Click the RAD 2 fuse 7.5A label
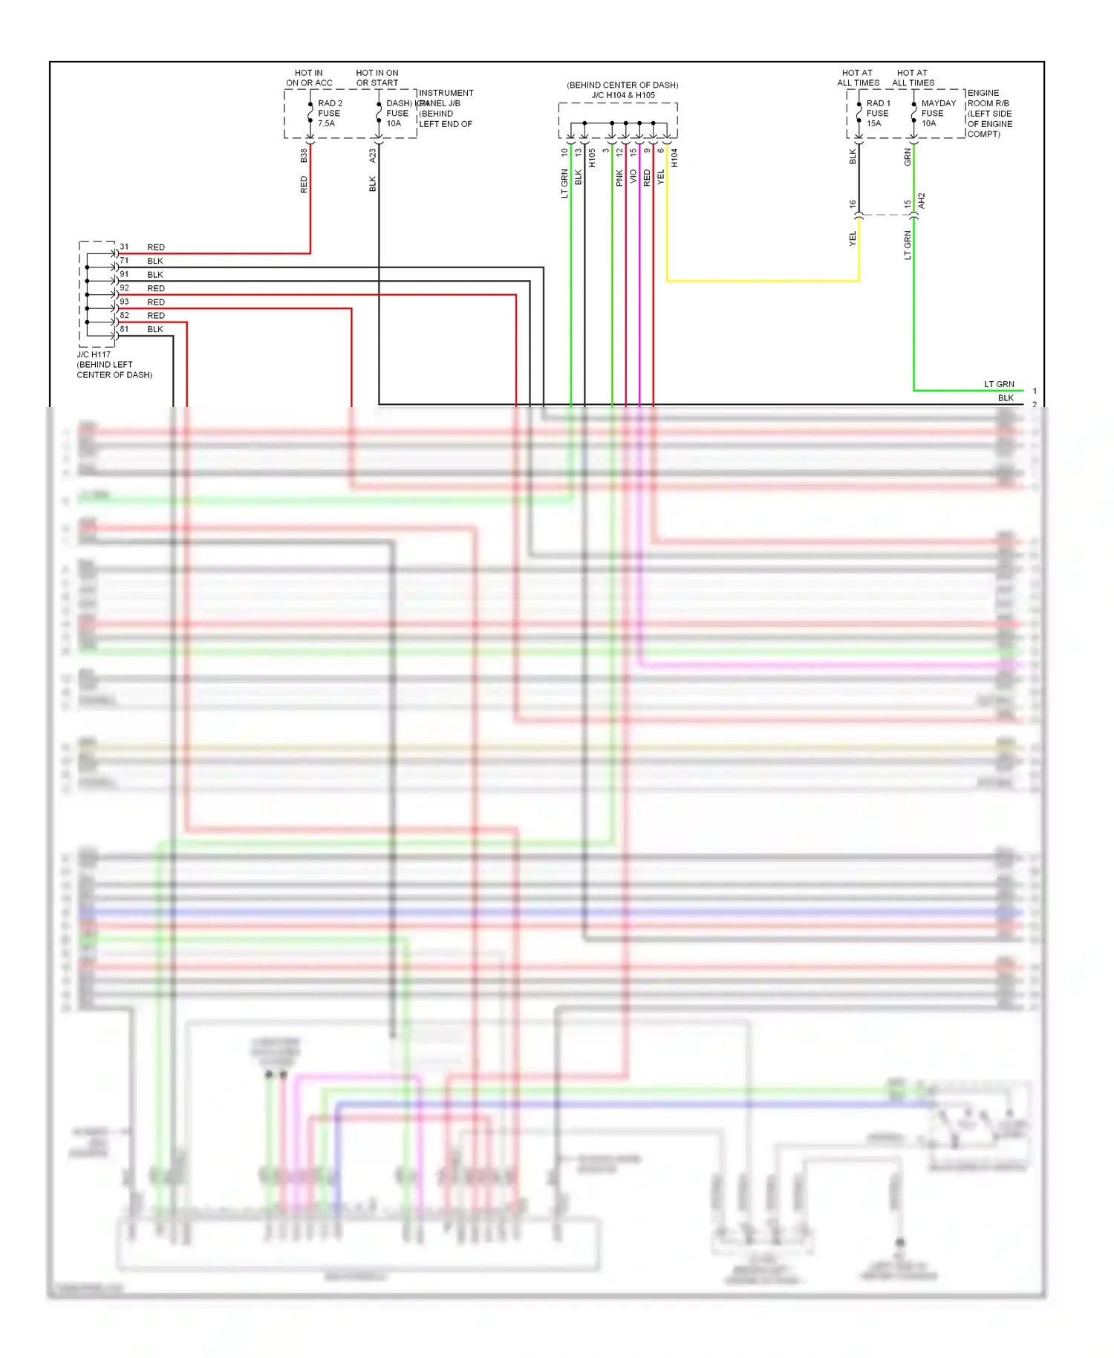329,114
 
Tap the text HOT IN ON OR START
377,78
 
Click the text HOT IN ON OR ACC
309,78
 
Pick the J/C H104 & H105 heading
623,95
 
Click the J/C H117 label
94,354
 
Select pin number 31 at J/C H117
124,247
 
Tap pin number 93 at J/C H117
124,302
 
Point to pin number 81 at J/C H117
124,329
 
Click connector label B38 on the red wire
304,156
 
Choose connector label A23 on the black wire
373,156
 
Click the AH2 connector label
922,201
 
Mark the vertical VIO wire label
633,176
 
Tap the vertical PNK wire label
619,178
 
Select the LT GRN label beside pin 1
999,384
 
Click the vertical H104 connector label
674,157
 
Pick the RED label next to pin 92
156,288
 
